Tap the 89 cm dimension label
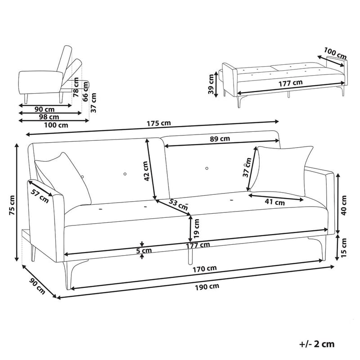[x=220, y=139]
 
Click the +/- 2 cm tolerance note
[x=317, y=344]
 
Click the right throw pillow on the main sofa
[x=282, y=170]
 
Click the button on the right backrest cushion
[x=207, y=168]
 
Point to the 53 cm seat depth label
[x=178, y=204]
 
